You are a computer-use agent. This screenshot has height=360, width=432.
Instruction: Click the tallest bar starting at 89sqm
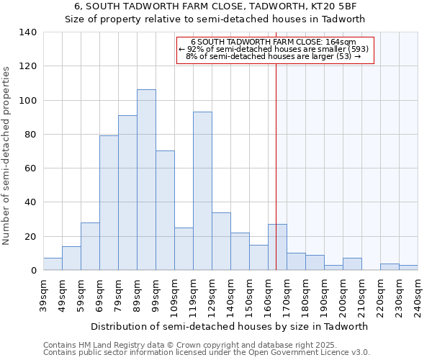pyautogui.click(x=146, y=180)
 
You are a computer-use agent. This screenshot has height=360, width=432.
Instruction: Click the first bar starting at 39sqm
pyautogui.click(x=53, y=264)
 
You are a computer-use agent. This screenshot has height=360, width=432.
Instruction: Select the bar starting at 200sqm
pyautogui.click(x=352, y=264)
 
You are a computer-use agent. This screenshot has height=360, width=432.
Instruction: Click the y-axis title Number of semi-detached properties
pyautogui.click(x=7, y=155)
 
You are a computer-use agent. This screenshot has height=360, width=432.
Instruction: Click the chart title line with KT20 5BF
pyautogui.click(x=215, y=7)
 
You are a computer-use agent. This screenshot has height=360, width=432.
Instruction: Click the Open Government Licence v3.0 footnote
pyautogui.click(x=207, y=352)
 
